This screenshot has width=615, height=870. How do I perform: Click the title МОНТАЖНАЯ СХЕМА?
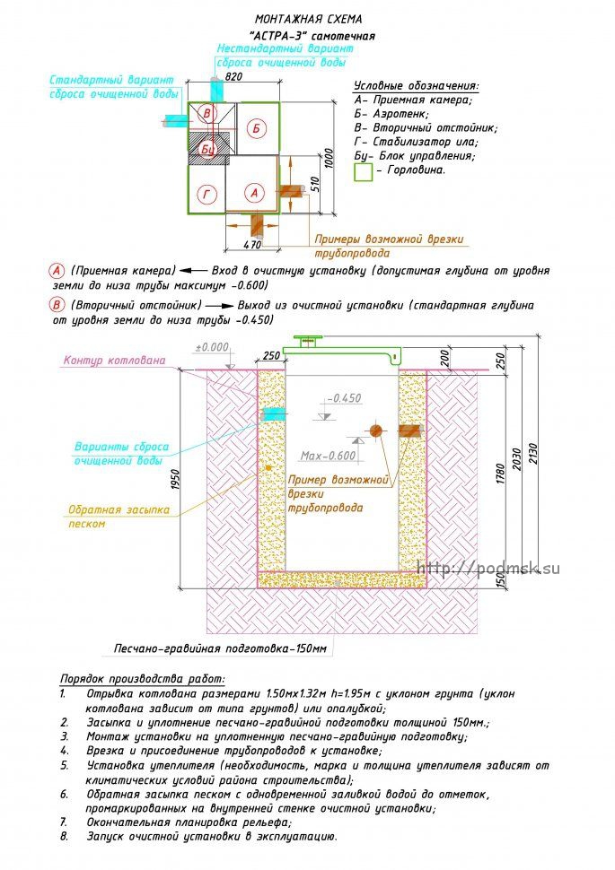[308, 19]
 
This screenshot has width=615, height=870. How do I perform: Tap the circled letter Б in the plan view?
[256, 128]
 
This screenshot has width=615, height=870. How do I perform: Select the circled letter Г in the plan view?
[207, 194]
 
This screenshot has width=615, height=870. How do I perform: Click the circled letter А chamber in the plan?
[254, 193]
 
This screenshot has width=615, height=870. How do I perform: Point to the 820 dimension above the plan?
[234, 76]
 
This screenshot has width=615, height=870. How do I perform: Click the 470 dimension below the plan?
[253, 244]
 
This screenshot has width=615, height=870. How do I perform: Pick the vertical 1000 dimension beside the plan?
[329, 159]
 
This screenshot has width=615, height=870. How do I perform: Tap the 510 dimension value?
[314, 185]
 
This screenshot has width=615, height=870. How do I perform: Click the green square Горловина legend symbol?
[364, 172]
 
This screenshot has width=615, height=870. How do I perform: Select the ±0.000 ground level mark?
[212, 347]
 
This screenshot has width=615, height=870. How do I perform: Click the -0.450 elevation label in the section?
[344, 398]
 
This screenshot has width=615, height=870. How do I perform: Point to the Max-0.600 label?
[328, 456]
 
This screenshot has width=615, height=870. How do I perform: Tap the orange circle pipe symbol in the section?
[376, 430]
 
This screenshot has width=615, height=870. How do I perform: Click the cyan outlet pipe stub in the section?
[273, 413]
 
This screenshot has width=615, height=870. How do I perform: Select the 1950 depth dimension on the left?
[176, 480]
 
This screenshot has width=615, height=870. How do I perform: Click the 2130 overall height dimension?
[533, 455]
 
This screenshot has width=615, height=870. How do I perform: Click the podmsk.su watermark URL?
[488, 568]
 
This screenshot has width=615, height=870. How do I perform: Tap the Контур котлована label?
[114, 360]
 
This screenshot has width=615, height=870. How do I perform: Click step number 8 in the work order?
[64, 836]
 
